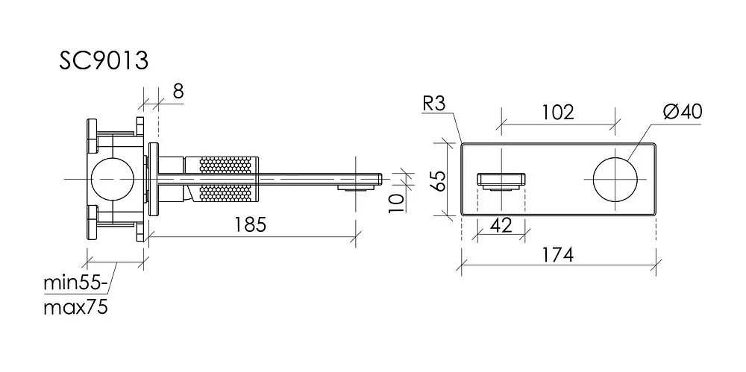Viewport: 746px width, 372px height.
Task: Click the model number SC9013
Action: (104, 61)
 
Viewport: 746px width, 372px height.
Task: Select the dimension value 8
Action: (178, 91)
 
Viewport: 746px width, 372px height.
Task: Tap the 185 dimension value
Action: (251, 224)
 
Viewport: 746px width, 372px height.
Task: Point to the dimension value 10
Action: (397, 202)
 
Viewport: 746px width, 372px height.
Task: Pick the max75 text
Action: (75, 307)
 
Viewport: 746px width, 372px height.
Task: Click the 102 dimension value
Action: (557, 113)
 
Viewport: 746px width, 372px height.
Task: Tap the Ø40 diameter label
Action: (683, 112)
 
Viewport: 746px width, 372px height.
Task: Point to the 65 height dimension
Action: (439, 180)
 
